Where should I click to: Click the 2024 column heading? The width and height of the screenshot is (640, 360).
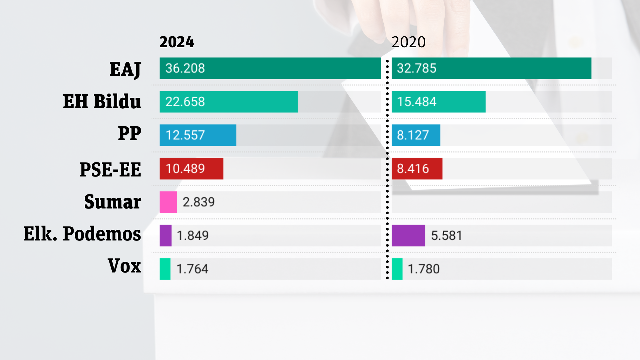pyautogui.click(x=177, y=42)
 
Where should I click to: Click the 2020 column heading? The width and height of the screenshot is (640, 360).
pyautogui.click(x=409, y=42)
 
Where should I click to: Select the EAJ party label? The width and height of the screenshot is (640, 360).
pyautogui.click(x=125, y=70)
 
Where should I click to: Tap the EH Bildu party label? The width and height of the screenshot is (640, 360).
pyautogui.click(x=102, y=101)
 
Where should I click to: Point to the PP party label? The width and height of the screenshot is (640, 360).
pyautogui.click(x=130, y=133)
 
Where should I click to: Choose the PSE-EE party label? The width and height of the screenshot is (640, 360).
pyautogui.click(x=110, y=169)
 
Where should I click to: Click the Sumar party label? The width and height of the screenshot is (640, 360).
pyautogui.click(x=113, y=202)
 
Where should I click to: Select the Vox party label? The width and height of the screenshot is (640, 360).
pyautogui.click(x=124, y=266)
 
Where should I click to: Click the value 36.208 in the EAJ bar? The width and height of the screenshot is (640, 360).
pyautogui.click(x=185, y=68)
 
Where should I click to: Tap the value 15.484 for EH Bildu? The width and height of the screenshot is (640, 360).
pyautogui.click(x=417, y=102)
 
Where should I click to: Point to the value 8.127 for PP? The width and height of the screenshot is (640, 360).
pyautogui.click(x=413, y=135)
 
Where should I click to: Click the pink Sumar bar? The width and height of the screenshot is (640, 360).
pyautogui.click(x=168, y=202)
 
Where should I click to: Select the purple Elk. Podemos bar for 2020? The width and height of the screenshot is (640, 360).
pyautogui.click(x=408, y=235)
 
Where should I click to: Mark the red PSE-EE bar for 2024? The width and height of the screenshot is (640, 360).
pyautogui.click(x=191, y=169)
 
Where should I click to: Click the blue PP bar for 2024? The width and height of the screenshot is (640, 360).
pyautogui.click(x=198, y=135)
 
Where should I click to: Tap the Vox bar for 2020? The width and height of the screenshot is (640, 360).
pyautogui.click(x=397, y=269)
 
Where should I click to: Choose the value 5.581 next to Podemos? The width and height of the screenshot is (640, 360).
pyautogui.click(x=447, y=236)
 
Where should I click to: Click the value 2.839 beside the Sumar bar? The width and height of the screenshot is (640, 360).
pyautogui.click(x=199, y=202)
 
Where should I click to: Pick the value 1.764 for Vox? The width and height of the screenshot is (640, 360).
pyautogui.click(x=192, y=269)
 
